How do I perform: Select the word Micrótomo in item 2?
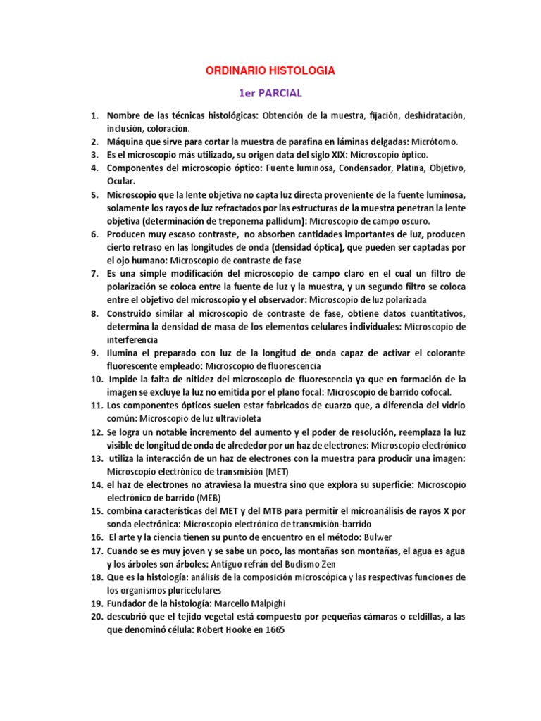tap(434, 142)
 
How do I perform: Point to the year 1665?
tap(271, 631)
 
